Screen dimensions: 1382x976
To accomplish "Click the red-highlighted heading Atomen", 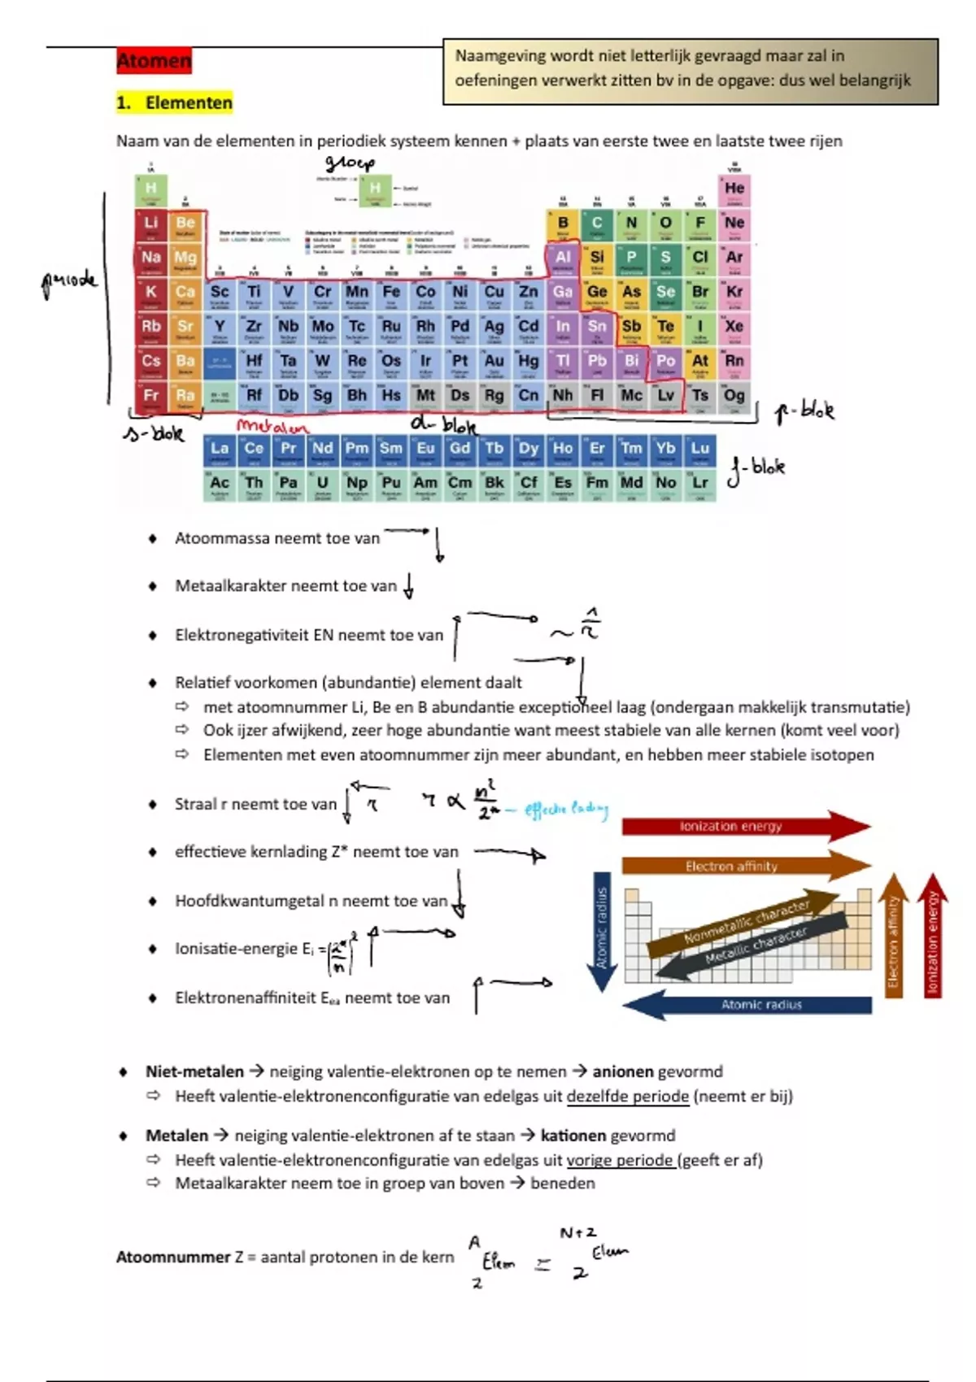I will point(154,60).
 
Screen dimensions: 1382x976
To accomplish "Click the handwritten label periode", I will point(69,281).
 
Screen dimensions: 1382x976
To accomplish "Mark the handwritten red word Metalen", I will point(272,427).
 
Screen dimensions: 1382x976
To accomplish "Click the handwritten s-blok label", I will point(154,433).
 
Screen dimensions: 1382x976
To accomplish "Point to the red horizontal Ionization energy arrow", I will point(744,826).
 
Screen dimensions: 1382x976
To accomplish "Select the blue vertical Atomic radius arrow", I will point(602,931).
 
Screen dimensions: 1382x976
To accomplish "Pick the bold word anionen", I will point(623,1071).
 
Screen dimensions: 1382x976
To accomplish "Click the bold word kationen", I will point(573,1135).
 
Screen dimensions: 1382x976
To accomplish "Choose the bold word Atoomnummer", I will point(173,1257).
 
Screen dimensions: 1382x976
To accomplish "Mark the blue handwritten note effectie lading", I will point(566,809).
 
